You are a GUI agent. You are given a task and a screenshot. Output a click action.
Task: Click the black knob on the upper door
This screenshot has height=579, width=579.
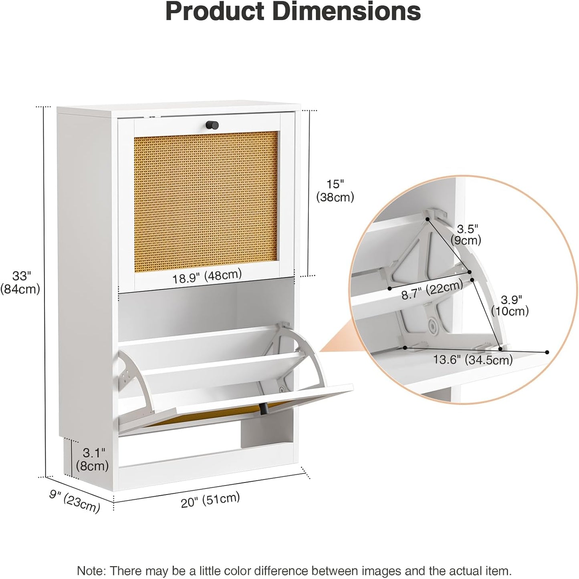[x=212, y=125]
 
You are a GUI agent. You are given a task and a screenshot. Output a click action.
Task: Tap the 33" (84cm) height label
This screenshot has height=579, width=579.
[x=20, y=282]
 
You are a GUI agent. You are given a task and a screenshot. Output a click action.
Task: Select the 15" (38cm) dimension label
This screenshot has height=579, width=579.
[x=335, y=190]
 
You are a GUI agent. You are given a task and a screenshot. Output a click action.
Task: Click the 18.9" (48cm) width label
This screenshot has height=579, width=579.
[x=207, y=276]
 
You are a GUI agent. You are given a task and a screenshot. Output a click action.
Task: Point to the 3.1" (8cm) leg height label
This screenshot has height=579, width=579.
[x=93, y=459]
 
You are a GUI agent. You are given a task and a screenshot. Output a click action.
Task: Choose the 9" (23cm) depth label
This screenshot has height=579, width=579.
[x=75, y=501]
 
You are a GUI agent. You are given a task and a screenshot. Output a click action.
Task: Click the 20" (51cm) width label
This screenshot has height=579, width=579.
[x=210, y=500]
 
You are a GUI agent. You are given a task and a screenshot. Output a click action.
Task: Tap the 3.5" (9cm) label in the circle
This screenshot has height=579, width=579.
[x=466, y=234]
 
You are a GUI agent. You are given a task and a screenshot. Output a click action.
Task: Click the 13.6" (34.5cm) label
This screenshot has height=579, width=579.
[x=473, y=360]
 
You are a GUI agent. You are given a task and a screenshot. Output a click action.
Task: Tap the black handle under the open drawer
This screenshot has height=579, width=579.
[x=263, y=408]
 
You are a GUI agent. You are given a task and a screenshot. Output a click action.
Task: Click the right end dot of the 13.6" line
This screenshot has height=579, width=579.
[x=547, y=352]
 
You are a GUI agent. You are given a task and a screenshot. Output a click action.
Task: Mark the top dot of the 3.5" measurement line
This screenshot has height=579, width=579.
[x=428, y=219]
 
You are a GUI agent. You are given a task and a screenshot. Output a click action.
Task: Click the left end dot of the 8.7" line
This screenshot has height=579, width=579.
[x=389, y=288]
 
